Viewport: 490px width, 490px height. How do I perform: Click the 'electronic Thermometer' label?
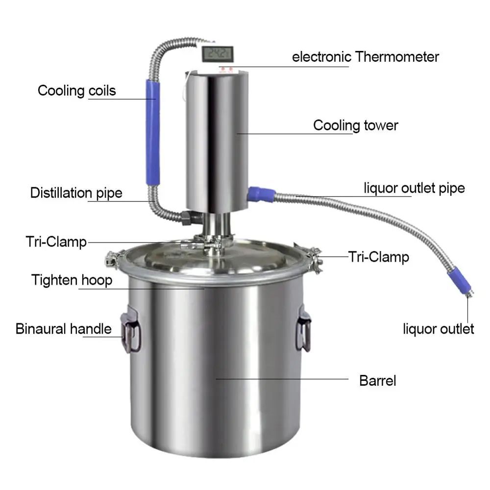pyautogui.click(x=365, y=57)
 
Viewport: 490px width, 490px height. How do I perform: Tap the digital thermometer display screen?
pyautogui.click(x=218, y=53)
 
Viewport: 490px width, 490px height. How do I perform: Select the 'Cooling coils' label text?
pyautogui.click(x=77, y=91)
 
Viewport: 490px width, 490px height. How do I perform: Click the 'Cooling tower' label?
pyautogui.click(x=356, y=125)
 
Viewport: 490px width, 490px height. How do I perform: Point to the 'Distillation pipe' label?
pyautogui.click(x=76, y=193)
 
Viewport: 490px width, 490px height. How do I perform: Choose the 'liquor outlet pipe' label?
pyautogui.click(x=414, y=188)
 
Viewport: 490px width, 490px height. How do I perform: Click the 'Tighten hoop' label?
pyautogui.click(x=72, y=280)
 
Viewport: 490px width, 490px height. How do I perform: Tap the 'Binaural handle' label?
pyautogui.click(x=64, y=328)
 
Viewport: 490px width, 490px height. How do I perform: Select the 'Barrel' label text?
pyautogui.click(x=377, y=381)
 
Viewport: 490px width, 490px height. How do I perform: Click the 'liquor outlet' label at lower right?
pyautogui.click(x=439, y=328)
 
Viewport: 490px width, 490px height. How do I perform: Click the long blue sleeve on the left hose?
pyautogui.click(x=152, y=132)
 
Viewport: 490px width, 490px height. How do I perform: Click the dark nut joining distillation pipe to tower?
pyautogui.click(x=188, y=217)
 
